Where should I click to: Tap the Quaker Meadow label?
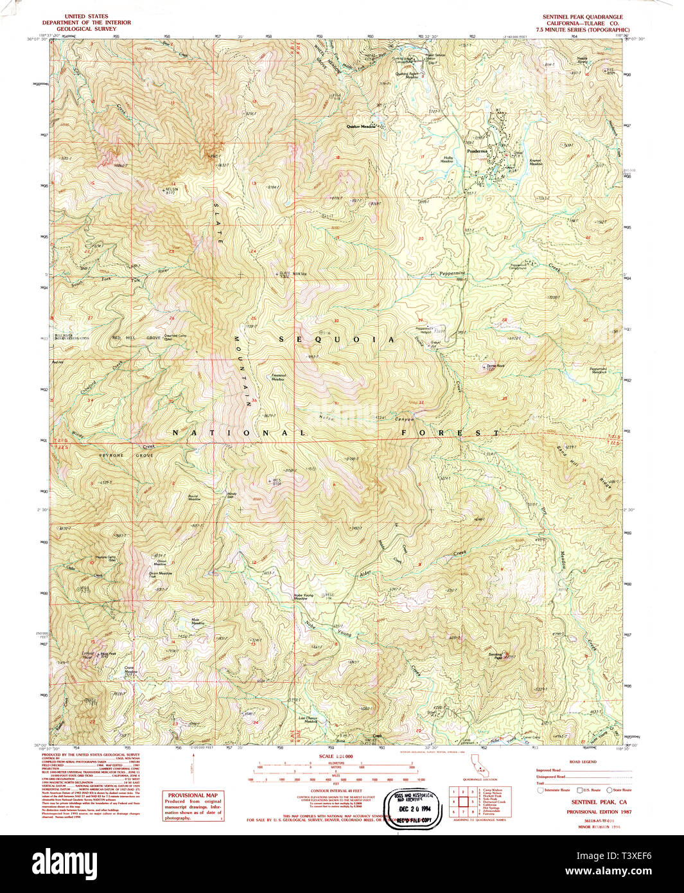(x=360, y=127)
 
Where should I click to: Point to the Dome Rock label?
(x=495, y=366)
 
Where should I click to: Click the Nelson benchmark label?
(x=171, y=190)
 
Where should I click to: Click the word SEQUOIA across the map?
(x=337, y=339)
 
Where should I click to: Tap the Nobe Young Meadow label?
(x=304, y=596)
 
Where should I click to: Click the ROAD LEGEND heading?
(x=583, y=762)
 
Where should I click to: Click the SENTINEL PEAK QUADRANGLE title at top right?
(x=583, y=17)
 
